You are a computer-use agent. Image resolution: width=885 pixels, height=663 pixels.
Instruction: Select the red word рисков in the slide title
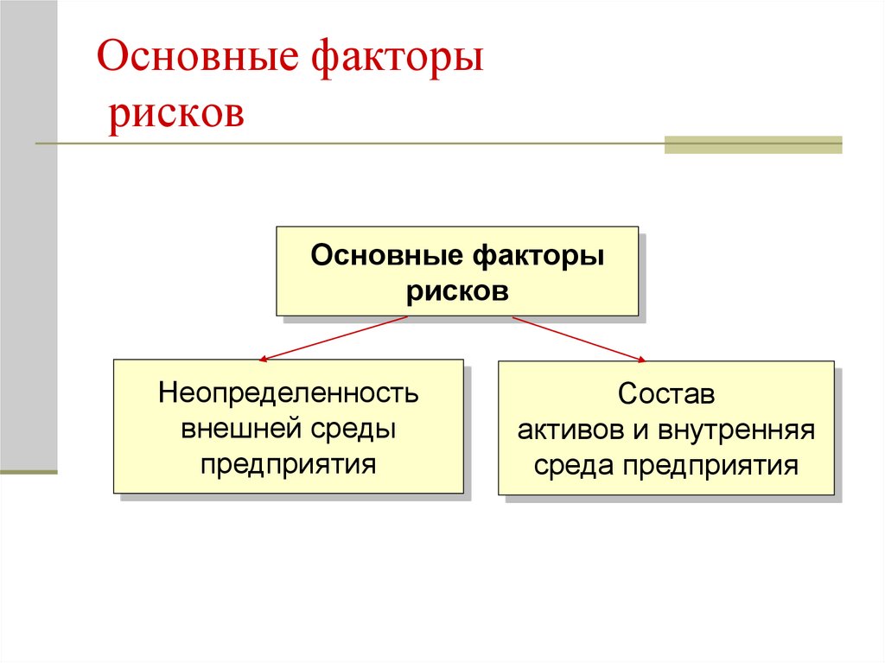tap(175, 113)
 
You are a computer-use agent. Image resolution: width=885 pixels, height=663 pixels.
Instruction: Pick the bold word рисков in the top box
tap(457, 290)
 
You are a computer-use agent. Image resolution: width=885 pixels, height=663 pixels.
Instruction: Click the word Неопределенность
tap(289, 393)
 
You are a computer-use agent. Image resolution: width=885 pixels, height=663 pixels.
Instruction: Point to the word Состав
tap(666, 395)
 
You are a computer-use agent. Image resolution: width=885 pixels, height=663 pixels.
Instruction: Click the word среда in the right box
tap(575, 466)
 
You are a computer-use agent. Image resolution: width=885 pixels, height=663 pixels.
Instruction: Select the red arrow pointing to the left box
tap(333, 338)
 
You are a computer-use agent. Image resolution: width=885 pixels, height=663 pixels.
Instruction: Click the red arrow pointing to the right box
tap(580, 339)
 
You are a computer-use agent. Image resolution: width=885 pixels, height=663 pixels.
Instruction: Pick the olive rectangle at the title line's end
tap(753, 144)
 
